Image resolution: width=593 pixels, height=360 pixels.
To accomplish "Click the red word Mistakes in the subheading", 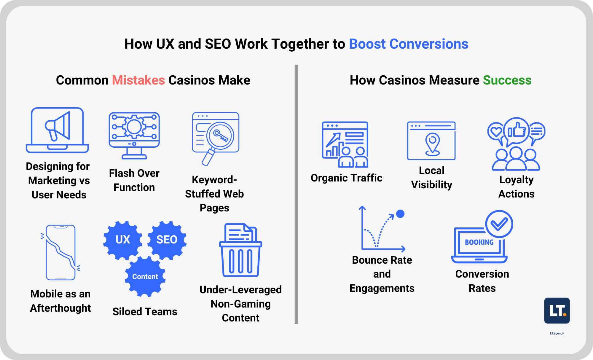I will coord(138,80).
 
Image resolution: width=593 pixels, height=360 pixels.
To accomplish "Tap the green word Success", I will coord(507,80).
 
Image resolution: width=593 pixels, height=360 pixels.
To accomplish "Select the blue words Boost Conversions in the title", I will coord(408,44).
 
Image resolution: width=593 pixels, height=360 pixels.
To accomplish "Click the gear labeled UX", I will coord(122,239).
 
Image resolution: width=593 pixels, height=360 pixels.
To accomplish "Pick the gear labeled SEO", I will coord(167,239).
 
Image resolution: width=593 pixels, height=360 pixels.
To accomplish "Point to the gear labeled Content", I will coord(145,276).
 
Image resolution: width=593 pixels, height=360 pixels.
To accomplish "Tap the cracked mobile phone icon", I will coord(60,252).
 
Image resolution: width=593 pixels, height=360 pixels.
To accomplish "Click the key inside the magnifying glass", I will coord(220,136).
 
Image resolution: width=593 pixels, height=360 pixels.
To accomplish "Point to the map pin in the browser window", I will coord(432,143).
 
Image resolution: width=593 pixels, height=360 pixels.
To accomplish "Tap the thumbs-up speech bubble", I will coord(517,131).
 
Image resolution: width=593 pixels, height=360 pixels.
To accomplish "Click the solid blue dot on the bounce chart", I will coord(400,214).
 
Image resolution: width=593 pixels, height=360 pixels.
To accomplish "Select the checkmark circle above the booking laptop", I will coord(499,224).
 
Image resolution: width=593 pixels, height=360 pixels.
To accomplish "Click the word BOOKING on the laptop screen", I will coord(479,242).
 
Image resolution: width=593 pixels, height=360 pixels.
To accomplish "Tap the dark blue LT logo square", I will coord(557,310).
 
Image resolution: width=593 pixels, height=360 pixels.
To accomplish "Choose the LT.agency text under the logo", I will coord(557,333).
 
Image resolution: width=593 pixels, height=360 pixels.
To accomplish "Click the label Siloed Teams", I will coord(145,312).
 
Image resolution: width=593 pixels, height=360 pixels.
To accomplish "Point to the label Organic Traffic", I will coord(346,178).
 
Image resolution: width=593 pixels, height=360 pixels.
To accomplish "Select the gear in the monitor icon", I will coord(134,127).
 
